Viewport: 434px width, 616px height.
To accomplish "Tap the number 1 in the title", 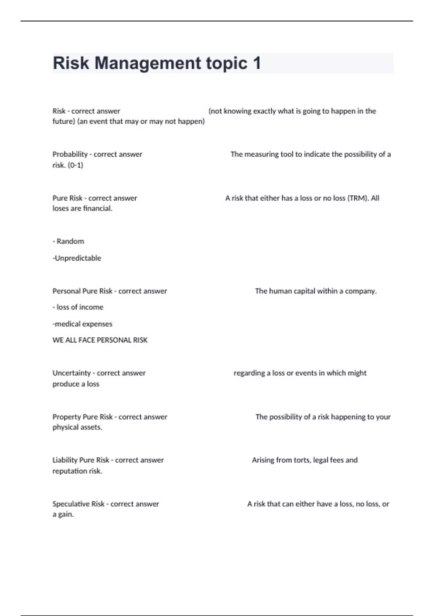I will click(257, 63).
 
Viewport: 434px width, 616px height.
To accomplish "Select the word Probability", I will click(70, 154).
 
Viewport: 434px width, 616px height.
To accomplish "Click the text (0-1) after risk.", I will click(75, 165).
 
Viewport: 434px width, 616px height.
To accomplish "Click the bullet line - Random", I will click(68, 241).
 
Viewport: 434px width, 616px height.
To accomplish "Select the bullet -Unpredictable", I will click(77, 258).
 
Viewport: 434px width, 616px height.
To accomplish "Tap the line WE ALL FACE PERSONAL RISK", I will click(100, 340).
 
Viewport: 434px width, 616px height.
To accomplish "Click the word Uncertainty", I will click(72, 373).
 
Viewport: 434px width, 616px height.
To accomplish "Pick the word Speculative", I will click(78, 504).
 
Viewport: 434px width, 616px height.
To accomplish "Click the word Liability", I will click(65, 460).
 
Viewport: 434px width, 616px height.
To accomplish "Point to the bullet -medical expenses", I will click(82, 324).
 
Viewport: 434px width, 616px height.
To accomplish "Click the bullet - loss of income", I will click(78, 307).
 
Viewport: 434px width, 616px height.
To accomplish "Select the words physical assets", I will click(77, 427).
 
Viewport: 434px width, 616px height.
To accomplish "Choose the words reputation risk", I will click(77, 471).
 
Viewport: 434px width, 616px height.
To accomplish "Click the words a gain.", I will click(63, 515).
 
